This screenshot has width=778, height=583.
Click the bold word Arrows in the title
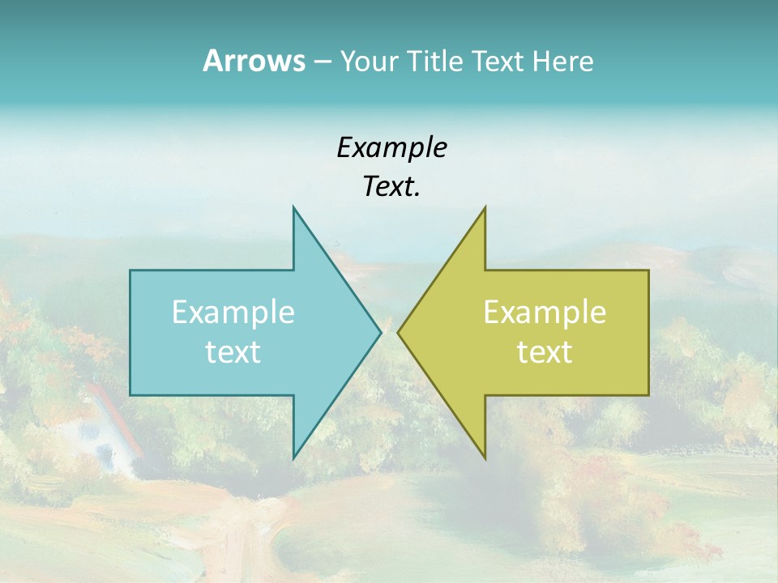coord(254,61)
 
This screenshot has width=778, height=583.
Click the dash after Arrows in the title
coord(323,62)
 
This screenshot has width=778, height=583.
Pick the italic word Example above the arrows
coord(391,147)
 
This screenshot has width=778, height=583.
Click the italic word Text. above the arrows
coord(391,187)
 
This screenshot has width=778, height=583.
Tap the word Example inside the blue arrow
coord(233,313)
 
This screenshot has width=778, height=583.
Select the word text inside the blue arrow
coord(233,351)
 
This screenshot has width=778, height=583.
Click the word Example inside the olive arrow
coord(545,313)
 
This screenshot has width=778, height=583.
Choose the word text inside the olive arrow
coord(545,351)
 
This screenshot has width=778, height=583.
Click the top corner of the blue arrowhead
coord(294,208)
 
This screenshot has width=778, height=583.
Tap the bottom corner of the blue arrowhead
coord(294,457)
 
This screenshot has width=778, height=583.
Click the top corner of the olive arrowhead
coord(485,208)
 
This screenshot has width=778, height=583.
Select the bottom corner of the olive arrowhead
coord(485,457)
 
